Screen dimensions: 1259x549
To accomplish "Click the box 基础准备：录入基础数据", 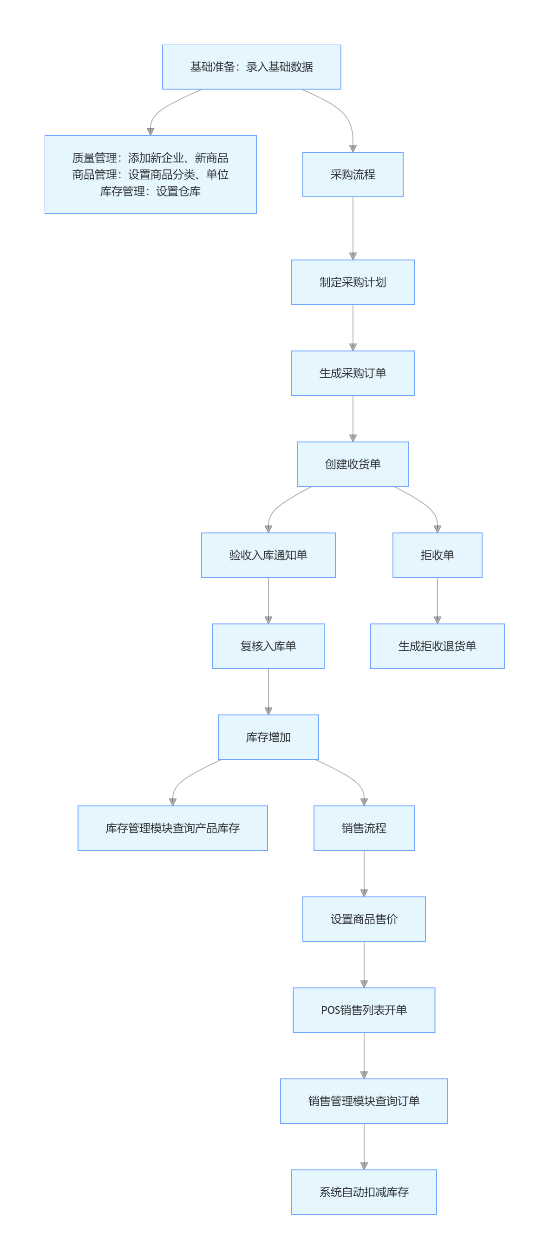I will tap(251, 67).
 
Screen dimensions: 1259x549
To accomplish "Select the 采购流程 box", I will tap(353, 175).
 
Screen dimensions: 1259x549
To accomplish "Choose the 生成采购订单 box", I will tap(353, 373).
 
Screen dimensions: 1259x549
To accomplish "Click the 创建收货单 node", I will tap(353, 464).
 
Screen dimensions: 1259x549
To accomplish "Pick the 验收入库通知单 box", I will tap(268, 555).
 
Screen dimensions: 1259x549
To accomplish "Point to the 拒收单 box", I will tap(437, 555).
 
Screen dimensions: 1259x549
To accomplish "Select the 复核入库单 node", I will tap(268, 646).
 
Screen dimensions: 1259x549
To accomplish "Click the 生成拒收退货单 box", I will tap(437, 646).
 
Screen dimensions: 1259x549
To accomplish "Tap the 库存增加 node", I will tap(268, 737).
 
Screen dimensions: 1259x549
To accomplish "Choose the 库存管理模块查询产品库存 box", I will tap(173, 828).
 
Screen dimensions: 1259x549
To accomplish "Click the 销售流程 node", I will tap(364, 828).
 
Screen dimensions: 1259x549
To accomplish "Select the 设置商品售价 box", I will tap(364, 919).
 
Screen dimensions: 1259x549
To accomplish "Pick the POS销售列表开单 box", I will tap(364, 1010).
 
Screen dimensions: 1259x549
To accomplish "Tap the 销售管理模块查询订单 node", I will tap(364, 1101).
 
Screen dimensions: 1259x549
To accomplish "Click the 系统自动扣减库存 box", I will tap(364, 1192).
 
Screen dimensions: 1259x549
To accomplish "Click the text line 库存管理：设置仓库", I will tap(150, 191).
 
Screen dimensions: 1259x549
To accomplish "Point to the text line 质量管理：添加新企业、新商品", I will tap(150, 158).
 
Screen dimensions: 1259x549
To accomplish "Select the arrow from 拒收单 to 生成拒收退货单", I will tap(437, 600).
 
